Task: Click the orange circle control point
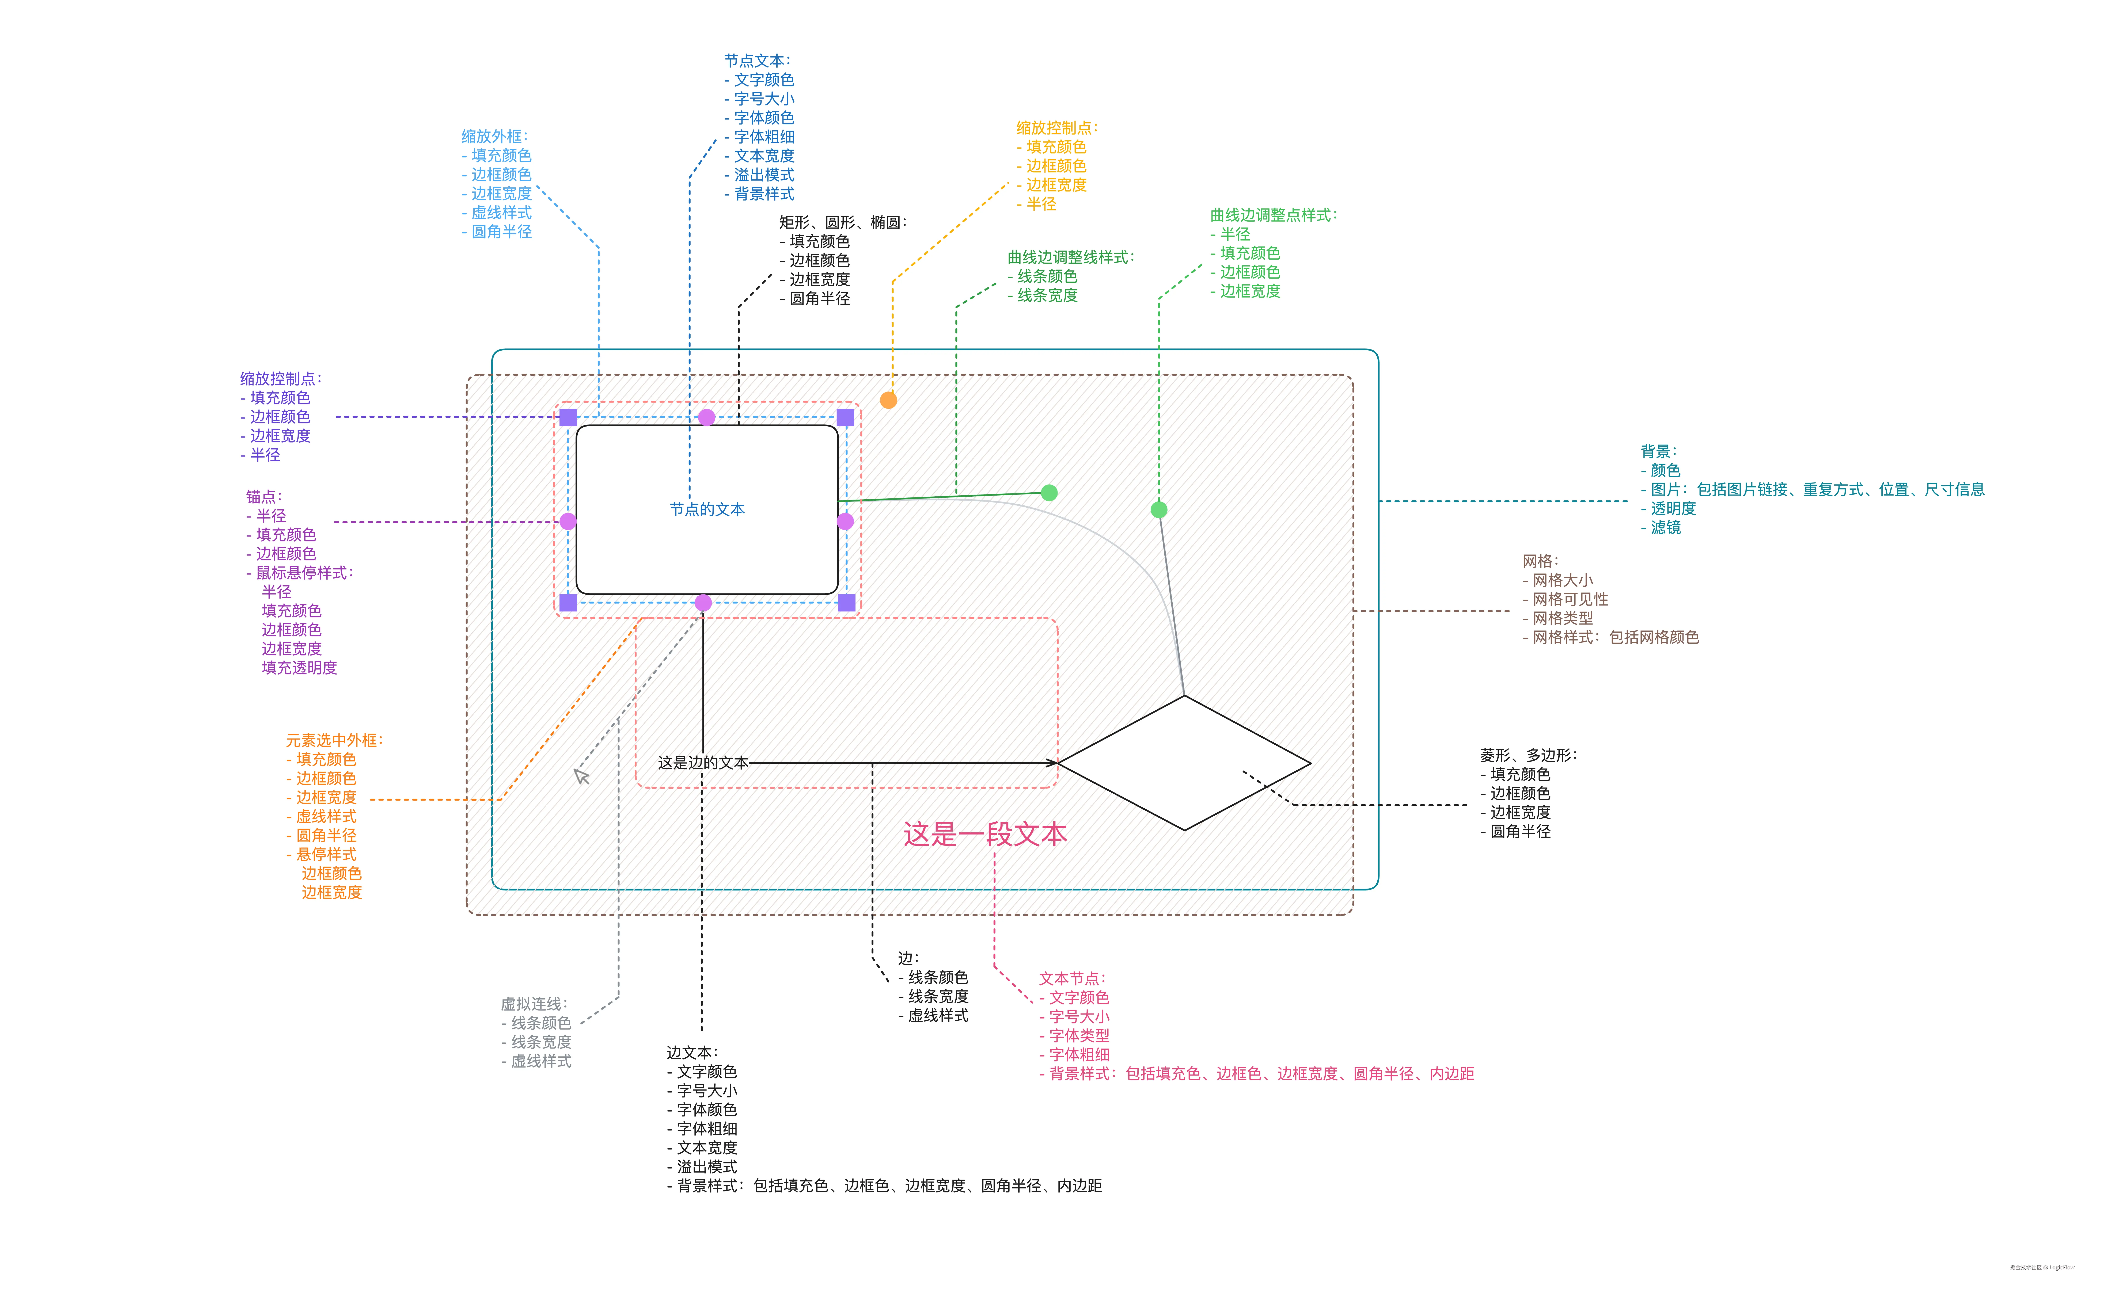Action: click(889, 400)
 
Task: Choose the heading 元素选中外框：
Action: click(334, 740)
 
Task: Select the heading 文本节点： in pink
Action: click(1073, 979)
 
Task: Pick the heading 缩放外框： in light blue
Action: click(495, 137)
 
